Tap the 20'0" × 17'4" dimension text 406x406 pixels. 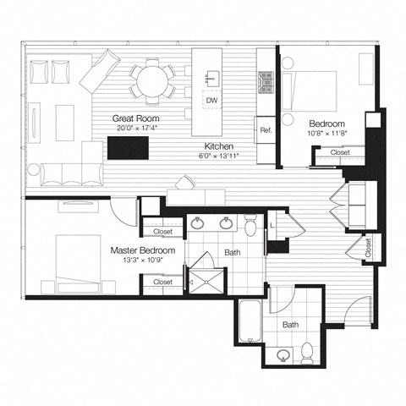(x=137, y=127)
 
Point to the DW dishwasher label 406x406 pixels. (x=211, y=100)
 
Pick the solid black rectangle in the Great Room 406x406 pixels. (x=127, y=149)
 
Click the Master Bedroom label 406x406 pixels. (x=143, y=251)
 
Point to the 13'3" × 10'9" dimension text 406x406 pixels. (x=143, y=261)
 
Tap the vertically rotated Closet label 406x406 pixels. (x=367, y=247)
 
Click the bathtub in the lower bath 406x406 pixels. (x=250, y=323)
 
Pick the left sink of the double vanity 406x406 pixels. (x=198, y=224)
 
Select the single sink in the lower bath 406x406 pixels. (x=285, y=354)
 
